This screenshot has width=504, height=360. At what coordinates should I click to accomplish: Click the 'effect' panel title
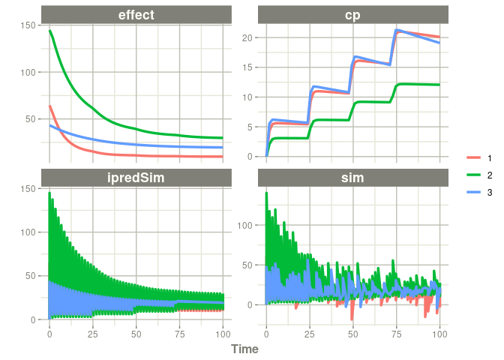point(136,14)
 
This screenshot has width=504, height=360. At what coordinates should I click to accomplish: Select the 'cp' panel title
point(352,14)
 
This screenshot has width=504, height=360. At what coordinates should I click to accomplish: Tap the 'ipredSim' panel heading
point(136,178)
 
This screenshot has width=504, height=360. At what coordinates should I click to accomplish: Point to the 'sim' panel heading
point(352,178)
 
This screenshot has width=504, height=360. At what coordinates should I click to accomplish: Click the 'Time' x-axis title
point(244,349)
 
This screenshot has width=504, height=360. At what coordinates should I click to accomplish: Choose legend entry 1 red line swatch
point(473,157)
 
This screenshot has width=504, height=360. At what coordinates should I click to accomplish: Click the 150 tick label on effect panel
point(28,25)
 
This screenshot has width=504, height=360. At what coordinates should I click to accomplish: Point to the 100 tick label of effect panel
point(28,72)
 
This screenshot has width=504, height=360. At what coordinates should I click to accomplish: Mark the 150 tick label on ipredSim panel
point(28,189)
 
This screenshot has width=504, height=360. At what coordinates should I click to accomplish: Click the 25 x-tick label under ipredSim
point(93,333)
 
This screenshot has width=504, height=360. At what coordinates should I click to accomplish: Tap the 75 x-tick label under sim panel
point(397,333)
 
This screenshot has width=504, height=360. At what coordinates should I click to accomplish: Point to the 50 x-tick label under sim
point(353,333)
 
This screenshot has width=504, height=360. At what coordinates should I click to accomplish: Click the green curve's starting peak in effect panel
point(49,31)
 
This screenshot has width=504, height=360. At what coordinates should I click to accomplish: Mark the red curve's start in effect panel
point(49,106)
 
